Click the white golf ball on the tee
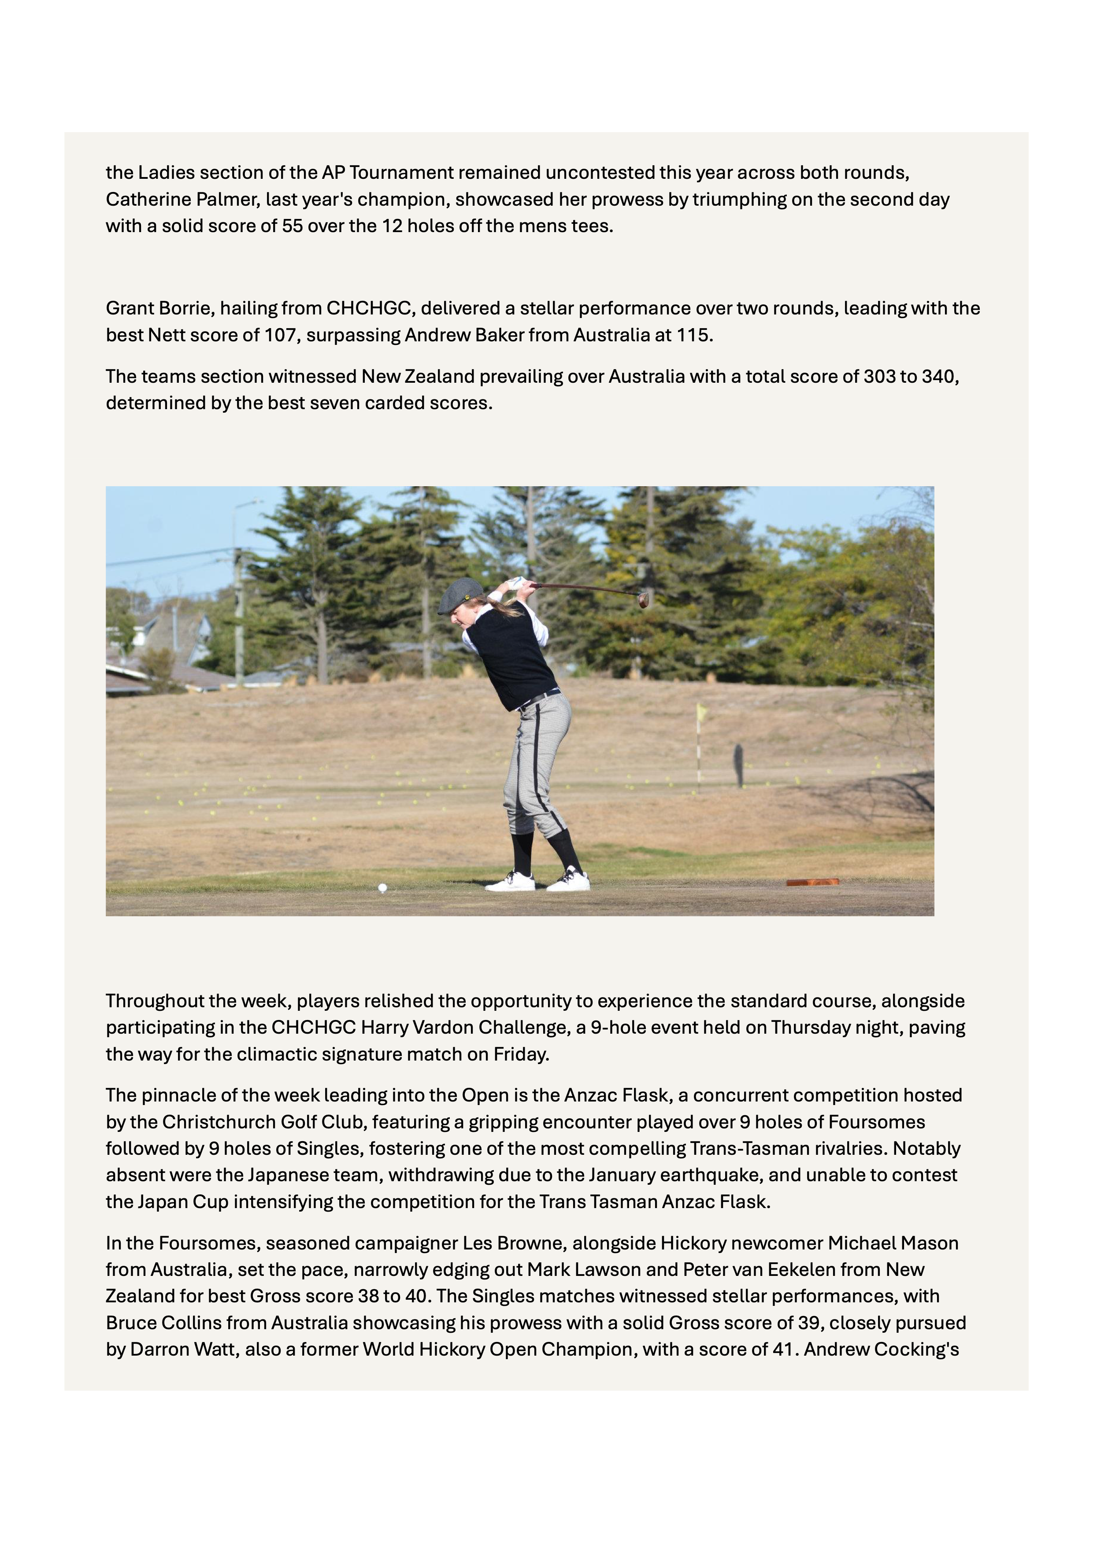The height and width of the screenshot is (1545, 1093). click(x=382, y=887)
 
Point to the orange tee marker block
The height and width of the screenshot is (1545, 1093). click(x=812, y=882)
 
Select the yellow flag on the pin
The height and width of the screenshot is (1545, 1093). click(x=701, y=710)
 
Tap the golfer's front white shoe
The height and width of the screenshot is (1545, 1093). click(x=509, y=882)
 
